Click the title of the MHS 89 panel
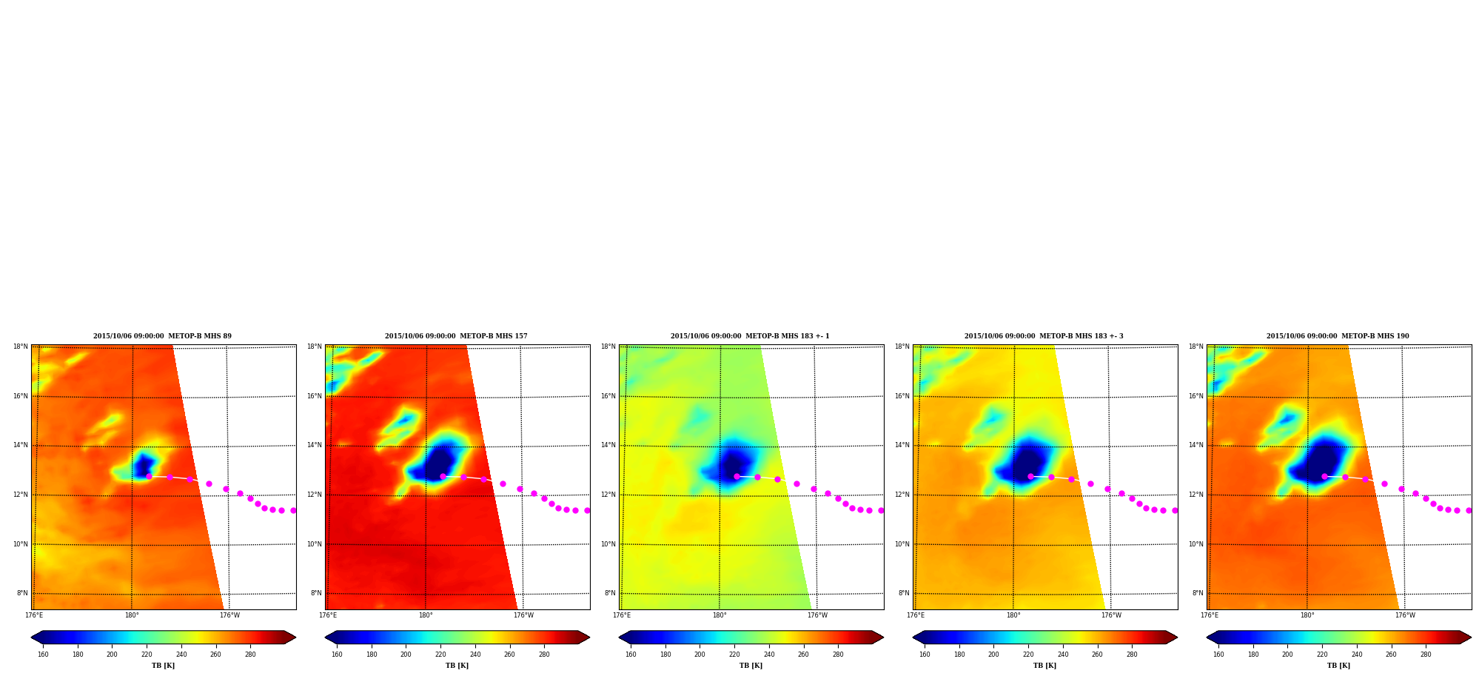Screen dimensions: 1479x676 coord(162,336)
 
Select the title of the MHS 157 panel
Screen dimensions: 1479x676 coord(456,336)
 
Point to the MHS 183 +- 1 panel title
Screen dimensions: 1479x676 coord(750,336)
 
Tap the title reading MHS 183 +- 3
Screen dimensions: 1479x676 coord(1044,336)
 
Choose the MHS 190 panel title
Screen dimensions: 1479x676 coord(1338,336)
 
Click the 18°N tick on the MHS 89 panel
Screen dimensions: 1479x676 coord(20,347)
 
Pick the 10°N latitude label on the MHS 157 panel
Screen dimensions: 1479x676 coord(314,544)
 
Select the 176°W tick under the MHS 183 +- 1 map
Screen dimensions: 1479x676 coord(817,615)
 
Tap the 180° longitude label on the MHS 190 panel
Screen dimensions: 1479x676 coord(1307,615)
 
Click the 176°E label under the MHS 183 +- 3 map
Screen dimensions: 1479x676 coord(916,615)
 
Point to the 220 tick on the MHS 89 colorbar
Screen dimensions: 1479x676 coord(147,655)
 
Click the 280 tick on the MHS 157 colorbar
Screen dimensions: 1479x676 coord(544,655)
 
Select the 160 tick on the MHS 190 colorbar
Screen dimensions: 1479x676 coord(1218,655)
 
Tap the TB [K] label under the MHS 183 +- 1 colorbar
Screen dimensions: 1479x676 coord(751,666)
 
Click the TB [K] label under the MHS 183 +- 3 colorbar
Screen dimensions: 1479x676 coord(1044,666)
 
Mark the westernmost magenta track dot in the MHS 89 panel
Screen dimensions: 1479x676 coord(149,476)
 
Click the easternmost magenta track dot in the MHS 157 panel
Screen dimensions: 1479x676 coord(587,510)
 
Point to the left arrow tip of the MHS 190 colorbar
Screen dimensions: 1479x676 coord(1207,637)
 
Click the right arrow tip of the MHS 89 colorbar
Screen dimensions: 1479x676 coord(296,637)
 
